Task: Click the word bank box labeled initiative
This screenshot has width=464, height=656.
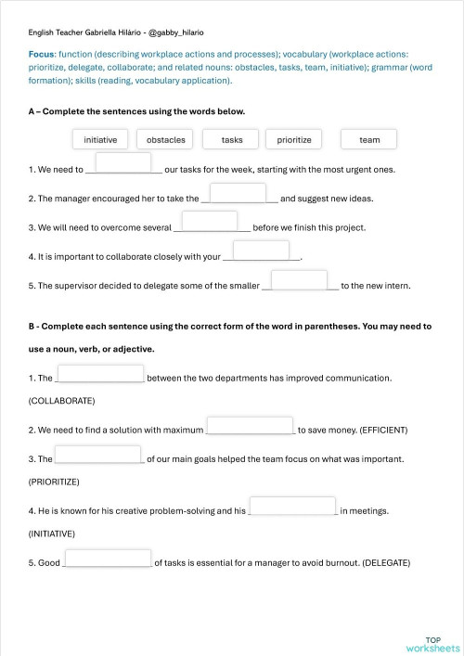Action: tap(100, 140)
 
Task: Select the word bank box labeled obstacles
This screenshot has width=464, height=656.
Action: tap(166, 140)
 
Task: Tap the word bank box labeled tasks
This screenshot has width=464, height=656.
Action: tap(232, 140)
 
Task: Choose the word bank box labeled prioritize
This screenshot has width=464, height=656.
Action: tap(294, 140)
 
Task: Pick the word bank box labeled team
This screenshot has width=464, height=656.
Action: tap(369, 140)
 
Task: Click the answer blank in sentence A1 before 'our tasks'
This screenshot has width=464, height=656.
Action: tap(123, 163)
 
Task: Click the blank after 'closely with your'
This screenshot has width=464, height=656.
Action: tap(261, 251)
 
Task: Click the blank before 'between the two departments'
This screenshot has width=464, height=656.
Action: tap(100, 373)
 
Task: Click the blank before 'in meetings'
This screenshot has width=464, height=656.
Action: tap(292, 506)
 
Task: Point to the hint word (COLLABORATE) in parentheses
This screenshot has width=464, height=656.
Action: tap(62, 401)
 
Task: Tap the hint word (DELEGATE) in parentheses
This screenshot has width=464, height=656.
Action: tap(376, 563)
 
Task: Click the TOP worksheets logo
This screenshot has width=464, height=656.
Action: tap(432, 644)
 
